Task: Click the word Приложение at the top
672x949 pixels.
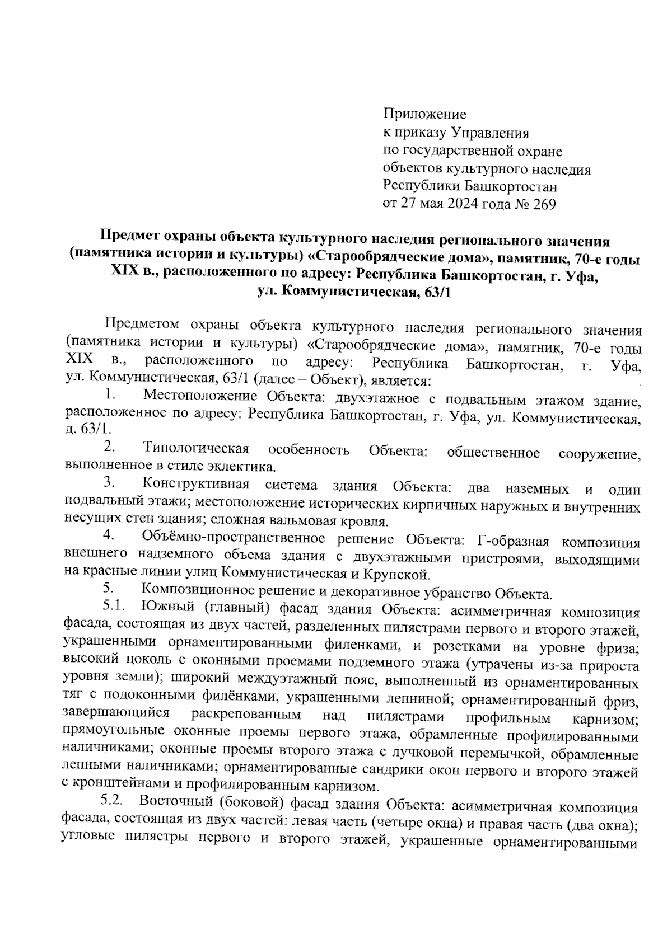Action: tap(424, 115)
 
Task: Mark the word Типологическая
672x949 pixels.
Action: tap(196, 449)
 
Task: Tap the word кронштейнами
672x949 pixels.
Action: tap(123, 786)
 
